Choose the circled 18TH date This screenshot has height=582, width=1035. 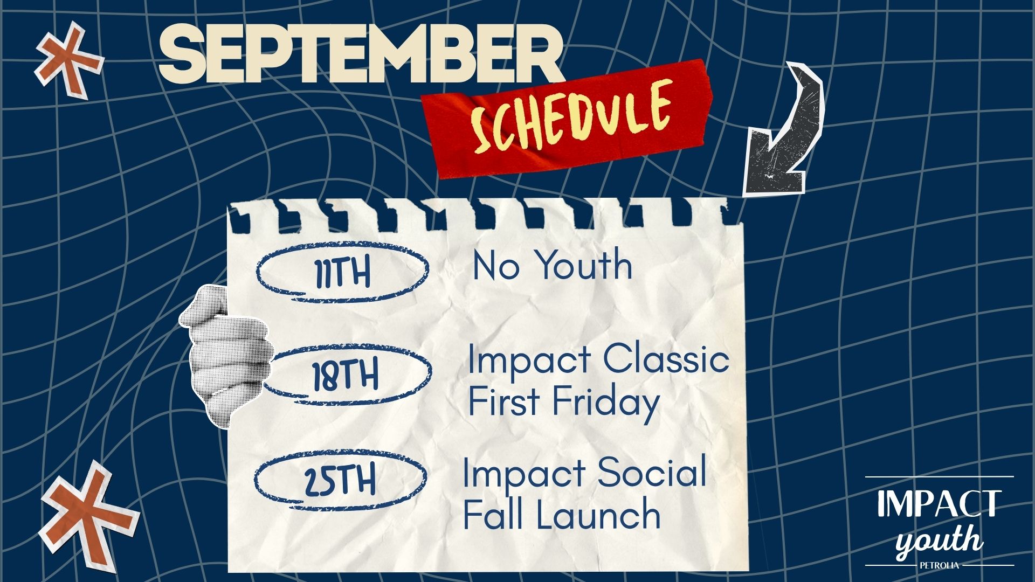tap(345, 374)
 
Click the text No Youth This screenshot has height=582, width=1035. tap(553, 265)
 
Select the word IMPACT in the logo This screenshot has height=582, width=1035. tap(939, 503)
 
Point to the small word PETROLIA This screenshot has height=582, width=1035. tap(939, 565)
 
